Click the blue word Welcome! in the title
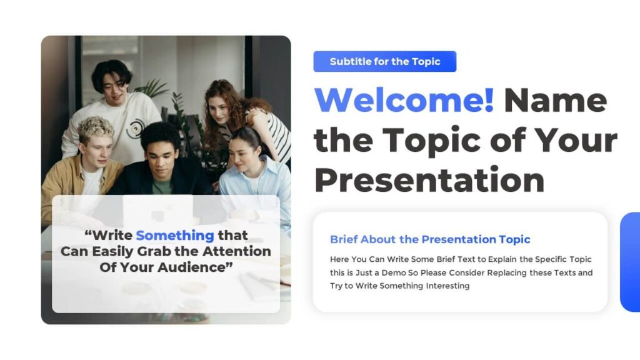click(x=404, y=100)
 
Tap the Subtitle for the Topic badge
click(x=385, y=61)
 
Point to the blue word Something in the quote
click(x=175, y=236)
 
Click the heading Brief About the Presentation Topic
click(x=430, y=239)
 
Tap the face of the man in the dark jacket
click(x=161, y=157)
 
